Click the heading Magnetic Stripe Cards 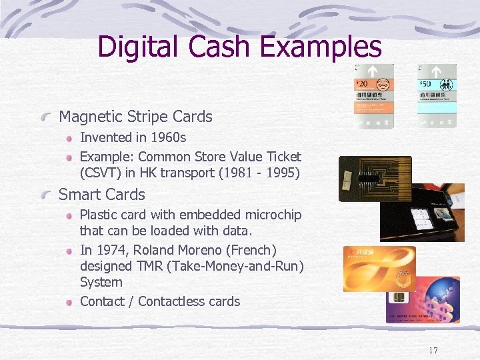(135, 117)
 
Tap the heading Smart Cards (102, 195)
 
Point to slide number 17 (433, 351)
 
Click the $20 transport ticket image (374, 96)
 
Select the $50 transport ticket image (437, 96)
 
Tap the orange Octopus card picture (379, 269)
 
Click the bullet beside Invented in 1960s (69, 138)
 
